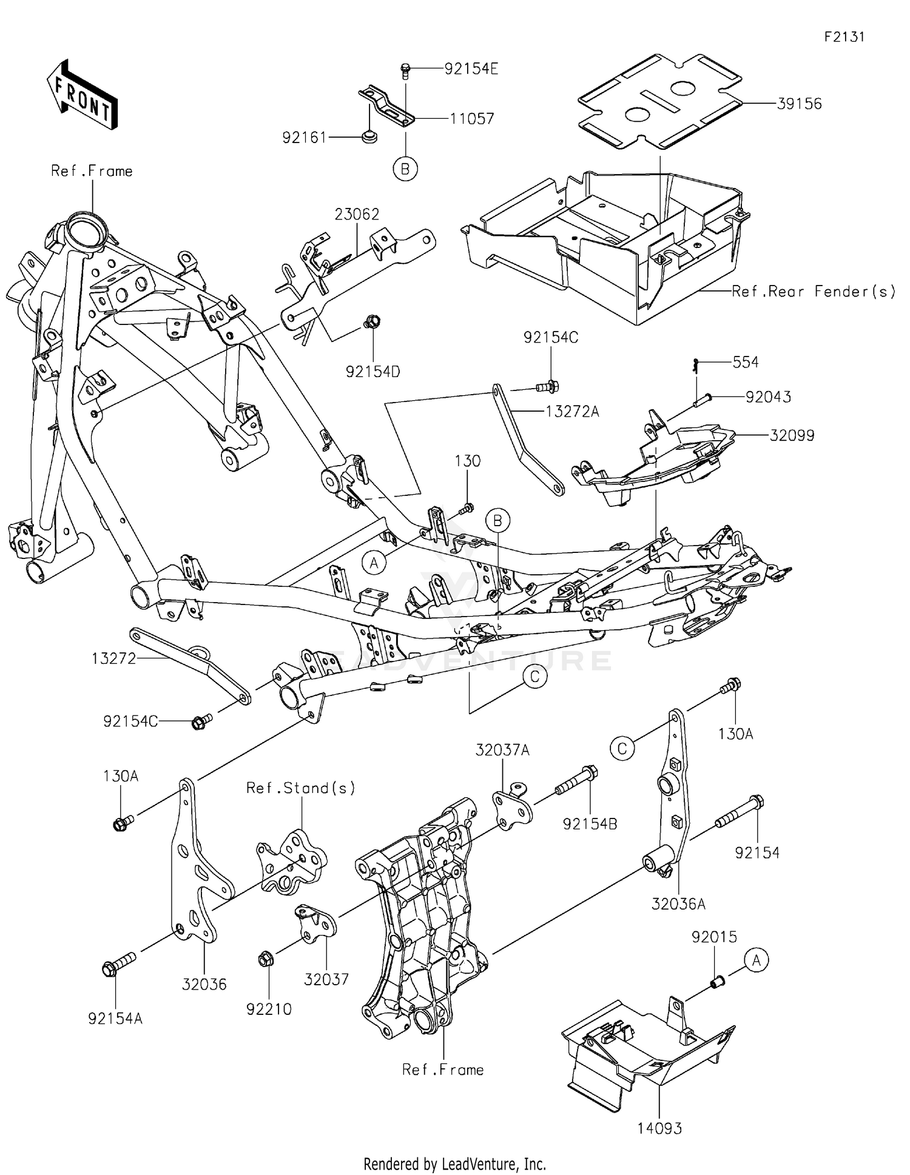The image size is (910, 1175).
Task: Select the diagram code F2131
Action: pyautogui.click(x=844, y=36)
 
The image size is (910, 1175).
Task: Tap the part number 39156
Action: pyautogui.click(x=799, y=104)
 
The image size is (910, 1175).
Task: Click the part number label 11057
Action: pyautogui.click(x=471, y=119)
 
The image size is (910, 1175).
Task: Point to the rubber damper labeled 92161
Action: pyautogui.click(x=368, y=138)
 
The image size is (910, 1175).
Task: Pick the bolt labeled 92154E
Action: pyautogui.click(x=406, y=71)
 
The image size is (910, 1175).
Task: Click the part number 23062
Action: pyautogui.click(x=357, y=214)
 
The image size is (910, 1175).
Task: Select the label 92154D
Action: pyautogui.click(x=372, y=372)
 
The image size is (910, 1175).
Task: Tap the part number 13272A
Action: pyautogui.click(x=571, y=412)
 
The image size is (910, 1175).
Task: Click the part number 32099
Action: pyautogui.click(x=792, y=435)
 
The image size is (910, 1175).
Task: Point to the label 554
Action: pyautogui.click(x=745, y=362)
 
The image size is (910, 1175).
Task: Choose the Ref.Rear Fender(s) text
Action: pyautogui.click(x=813, y=292)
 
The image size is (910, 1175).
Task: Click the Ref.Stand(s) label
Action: pyautogui.click(x=300, y=788)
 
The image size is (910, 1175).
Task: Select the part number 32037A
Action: pyautogui.click(x=502, y=751)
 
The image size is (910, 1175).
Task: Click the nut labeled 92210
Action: pyautogui.click(x=265, y=960)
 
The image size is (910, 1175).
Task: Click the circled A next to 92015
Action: pyautogui.click(x=756, y=960)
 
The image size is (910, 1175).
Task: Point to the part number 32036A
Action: pyautogui.click(x=678, y=904)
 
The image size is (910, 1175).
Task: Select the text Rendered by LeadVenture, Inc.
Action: pyautogui.click(x=454, y=1163)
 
